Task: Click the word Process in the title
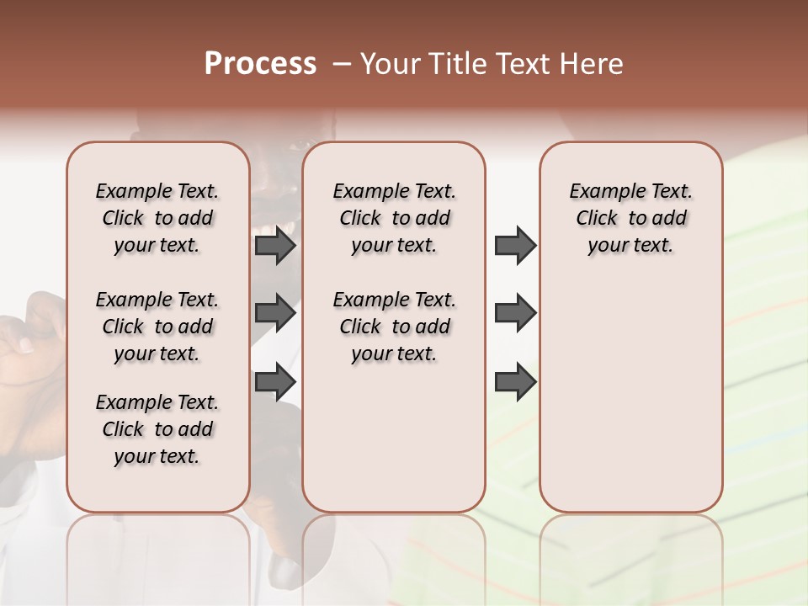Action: tap(260, 64)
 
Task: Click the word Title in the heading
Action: tap(460, 64)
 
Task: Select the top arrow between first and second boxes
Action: tap(275, 246)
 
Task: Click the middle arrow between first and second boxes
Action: tap(275, 314)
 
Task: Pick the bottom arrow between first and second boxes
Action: tap(275, 382)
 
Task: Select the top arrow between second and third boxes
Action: tap(515, 246)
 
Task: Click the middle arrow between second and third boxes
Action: tap(515, 314)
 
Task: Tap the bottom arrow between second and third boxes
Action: tap(515, 382)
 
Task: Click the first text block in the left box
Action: tap(157, 218)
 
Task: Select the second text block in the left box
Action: tap(157, 327)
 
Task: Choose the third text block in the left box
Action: tap(157, 429)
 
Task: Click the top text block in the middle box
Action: tap(394, 218)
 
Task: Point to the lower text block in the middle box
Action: tap(394, 327)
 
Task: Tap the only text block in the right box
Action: tap(630, 218)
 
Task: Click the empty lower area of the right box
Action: tap(630, 396)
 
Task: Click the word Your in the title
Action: tap(390, 64)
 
